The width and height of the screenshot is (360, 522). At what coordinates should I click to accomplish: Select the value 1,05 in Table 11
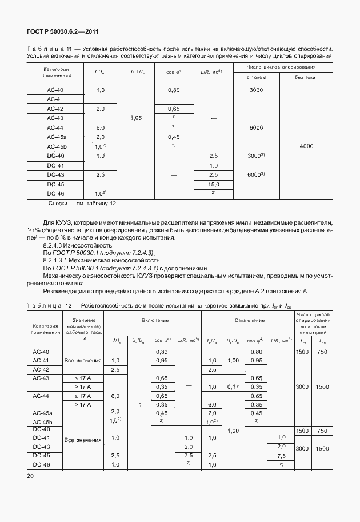(136, 118)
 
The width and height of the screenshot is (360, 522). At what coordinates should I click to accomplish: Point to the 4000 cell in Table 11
(306, 146)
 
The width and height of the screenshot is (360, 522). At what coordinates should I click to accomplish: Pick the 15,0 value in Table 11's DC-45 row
(214, 184)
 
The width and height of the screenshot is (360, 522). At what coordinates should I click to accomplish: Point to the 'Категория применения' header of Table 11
(56, 72)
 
